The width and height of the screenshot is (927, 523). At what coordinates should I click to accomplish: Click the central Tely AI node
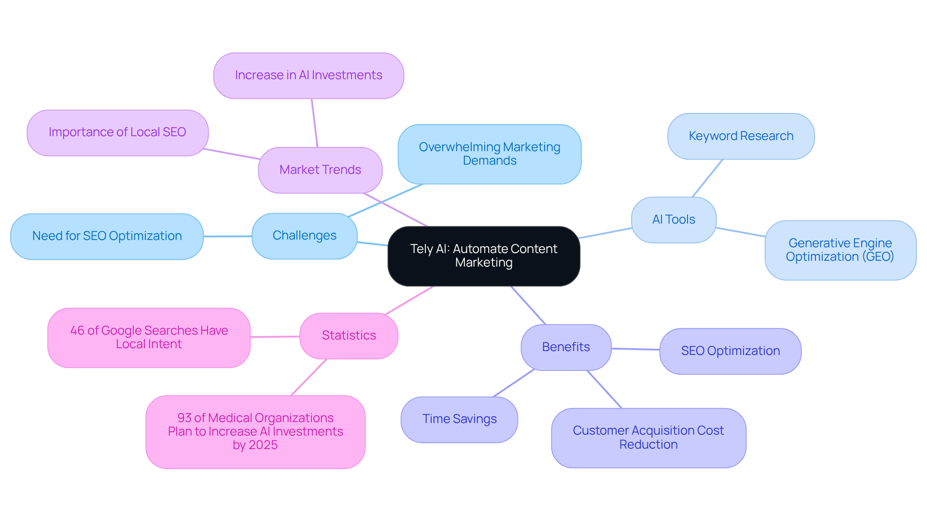tap(484, 256)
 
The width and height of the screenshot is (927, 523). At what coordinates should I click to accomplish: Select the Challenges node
tap(304, 236)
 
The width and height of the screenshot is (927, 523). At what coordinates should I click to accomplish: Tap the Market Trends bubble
tap(320, 170)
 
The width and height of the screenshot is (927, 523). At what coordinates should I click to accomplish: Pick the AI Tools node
tap(674, 220)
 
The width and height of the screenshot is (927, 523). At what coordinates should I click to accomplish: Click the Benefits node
tap(566, 347)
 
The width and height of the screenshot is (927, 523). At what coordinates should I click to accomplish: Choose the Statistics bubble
tap(349, 336)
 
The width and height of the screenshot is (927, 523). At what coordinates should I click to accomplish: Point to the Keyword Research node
tap(741, 136)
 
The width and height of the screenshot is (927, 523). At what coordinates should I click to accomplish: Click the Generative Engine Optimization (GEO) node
tap(840, 250)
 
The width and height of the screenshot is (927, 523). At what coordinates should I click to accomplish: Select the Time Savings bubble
tap(459, 419)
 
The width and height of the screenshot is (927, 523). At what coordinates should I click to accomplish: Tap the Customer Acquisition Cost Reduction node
tap(648, 438)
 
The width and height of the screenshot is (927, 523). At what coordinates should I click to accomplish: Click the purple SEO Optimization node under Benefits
tap(730, 351)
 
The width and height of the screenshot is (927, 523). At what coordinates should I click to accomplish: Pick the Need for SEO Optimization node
tap(107, 236)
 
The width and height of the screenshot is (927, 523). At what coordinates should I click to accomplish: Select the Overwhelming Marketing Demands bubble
tap(489, 154)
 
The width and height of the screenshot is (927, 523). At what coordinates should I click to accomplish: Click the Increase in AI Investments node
tap(309, 75)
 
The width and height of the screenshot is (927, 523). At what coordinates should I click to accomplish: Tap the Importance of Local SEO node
tap(117, 132)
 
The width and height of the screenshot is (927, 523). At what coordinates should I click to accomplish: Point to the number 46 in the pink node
tap(77, 331)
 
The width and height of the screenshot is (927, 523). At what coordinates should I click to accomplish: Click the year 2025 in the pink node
tap(263, 445)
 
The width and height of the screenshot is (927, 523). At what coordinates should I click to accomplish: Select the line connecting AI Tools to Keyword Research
tap(708, 178)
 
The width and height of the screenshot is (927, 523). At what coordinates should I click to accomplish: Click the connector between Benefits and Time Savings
tap(514, 383)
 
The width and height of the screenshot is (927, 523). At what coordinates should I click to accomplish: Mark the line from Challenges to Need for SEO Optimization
tap(227, 236)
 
